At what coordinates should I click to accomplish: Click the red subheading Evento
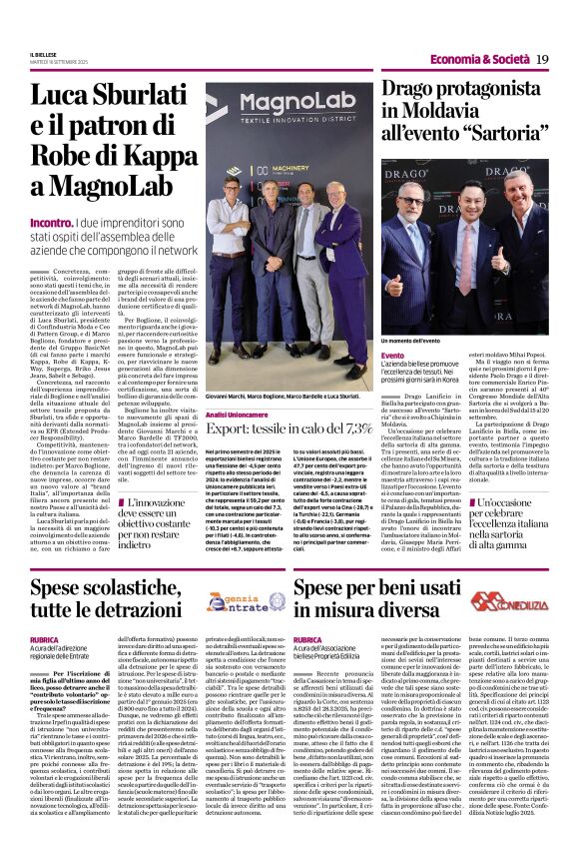click(x=420, y=355)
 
